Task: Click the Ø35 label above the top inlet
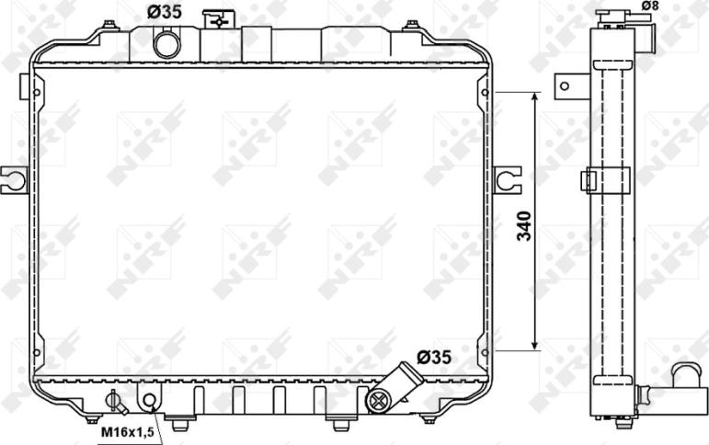(165, 12)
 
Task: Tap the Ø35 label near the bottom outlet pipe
(433, 356)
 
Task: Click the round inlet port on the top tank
(166, 43)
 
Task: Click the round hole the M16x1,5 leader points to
(149, 401)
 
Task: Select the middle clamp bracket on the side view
(604, 180)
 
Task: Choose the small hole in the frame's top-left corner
(36, 93)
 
